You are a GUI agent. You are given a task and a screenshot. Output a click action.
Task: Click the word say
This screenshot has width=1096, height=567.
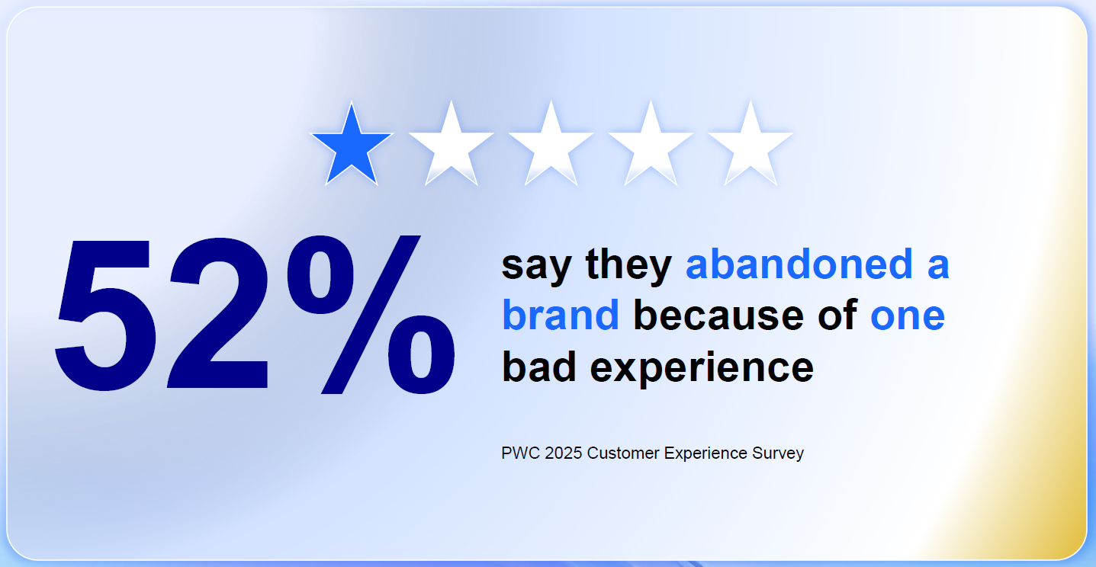(x=536, y=265)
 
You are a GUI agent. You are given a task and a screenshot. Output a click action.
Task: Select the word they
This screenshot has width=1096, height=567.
(x=628, y=265)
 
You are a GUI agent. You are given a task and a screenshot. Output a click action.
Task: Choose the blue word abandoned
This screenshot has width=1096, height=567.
(x=799, y=264)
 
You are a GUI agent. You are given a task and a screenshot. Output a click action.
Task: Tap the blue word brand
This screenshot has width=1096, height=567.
(x=560, y=316)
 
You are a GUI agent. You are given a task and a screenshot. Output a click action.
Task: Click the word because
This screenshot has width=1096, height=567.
(x=718, y=316)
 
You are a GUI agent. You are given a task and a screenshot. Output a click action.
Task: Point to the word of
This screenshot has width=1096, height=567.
(x=836, y=316)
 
